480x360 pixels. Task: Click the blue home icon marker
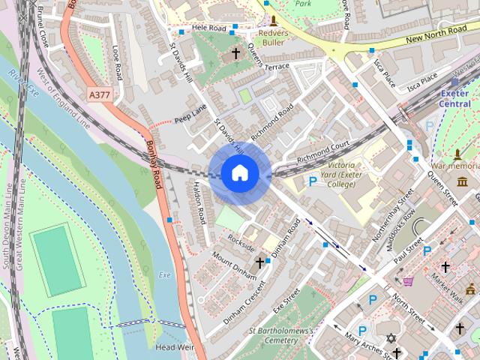tap(239, 173)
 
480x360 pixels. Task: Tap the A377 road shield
tap(98, 95)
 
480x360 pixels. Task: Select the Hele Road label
tap(208, 28)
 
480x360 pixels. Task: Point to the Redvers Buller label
tap(273, 37)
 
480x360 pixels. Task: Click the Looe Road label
tap(117, 62)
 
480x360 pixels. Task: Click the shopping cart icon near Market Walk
tap(408, 281)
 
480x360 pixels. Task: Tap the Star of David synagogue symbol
tap(390, 338)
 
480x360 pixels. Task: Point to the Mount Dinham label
tap(234, 265)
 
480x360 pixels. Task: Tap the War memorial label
tap(456, 164)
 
